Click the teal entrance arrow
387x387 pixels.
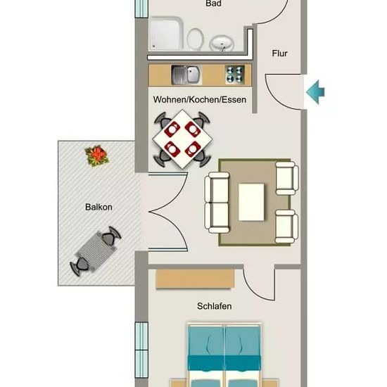(x=316, y=92)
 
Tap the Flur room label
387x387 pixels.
(x=279, y=53)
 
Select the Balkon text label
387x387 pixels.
(x=99, y=207)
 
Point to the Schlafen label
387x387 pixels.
(x=214, y=306)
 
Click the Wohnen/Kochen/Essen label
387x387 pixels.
(x=200, y=99)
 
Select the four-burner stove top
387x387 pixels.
(x=234, y=75)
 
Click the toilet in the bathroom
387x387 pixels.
(x=195, y=39)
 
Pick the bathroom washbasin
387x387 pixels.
(x=222, y=44)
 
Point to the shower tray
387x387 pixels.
(x=166, y=34)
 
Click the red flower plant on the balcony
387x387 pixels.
(x=97, y=156)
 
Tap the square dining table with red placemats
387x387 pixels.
(x=183, y=139)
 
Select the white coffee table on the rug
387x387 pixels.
(x=251, y=202)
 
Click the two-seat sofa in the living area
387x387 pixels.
(x=217, y=203)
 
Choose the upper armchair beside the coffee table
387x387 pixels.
(x=287, y=178)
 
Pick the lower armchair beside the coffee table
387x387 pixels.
(x=286, y=227)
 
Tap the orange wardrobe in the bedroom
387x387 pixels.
(x=195, y=279)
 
